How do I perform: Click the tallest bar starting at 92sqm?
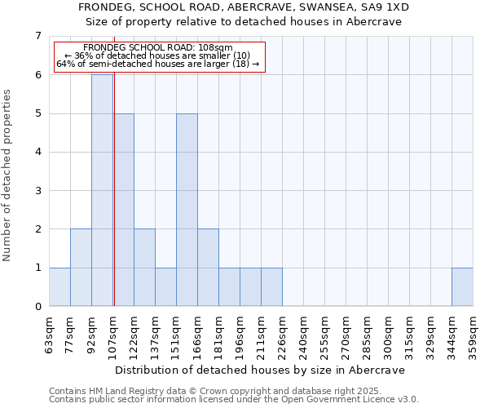(102, 190)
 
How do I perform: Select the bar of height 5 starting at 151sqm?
(187, 210)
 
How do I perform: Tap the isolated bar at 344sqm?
(462, 286)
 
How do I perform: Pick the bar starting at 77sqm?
(81, 268)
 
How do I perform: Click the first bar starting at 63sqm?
(59, 286)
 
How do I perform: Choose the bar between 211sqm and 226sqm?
(271, 286)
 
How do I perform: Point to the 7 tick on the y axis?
(37, 36)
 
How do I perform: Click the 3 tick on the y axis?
(37, 191)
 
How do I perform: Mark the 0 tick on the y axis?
(37, 307)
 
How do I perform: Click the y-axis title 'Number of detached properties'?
(8, 176)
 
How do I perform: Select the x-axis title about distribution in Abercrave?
(261, 370)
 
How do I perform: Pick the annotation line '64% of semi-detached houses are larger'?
(158, 64)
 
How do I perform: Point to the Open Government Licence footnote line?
(234, 400)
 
